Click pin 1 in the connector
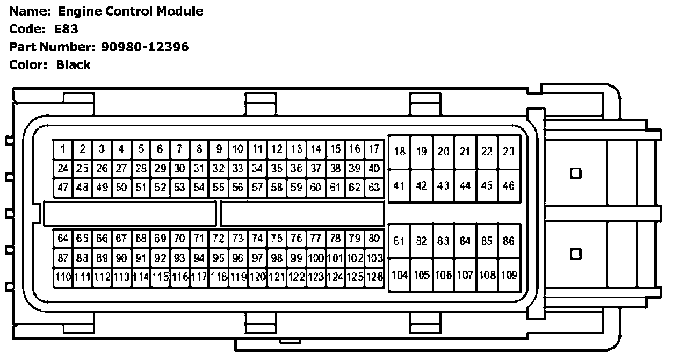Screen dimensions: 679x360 tap(63, 149)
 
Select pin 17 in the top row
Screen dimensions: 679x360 tap(374, 149)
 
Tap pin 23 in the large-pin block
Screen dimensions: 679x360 tap(508, 152)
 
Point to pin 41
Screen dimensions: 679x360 tap(399, 186)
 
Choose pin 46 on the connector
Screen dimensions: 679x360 tap(508, 186)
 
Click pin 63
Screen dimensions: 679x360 tap(374, 188)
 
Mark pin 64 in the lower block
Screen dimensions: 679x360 tap(63, 238)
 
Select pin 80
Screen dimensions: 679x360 tap(374, 238)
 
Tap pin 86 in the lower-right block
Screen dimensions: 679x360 tap(508, 241)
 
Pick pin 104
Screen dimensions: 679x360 tap(399, 275)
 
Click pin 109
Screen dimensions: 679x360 tap(509, 275)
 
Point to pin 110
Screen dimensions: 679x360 tap(63, 277)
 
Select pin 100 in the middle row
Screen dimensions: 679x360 tap(316, 258)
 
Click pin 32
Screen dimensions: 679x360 tap(218, 168)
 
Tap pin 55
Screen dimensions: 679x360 tap(218, 188)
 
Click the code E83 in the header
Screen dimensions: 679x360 tap(66, 29)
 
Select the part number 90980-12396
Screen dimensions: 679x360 tap(145, 47)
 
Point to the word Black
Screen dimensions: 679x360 tap(73, 65)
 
